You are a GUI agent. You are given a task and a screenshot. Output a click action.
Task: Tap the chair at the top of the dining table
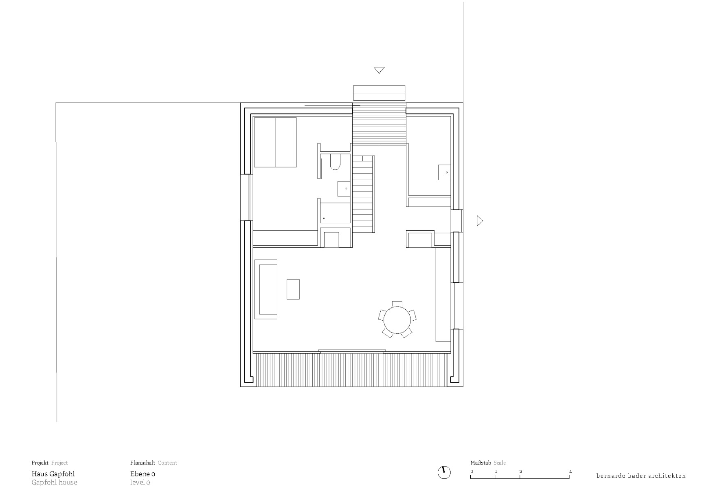pos(397,304)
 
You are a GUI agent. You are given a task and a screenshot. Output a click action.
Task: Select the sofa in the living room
pos(266,289)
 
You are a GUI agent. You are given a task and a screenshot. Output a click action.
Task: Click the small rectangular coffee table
pos(293,289)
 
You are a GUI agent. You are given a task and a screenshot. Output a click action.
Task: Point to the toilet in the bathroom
pos(335,163)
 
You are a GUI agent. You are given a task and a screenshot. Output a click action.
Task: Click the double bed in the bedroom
pos(275,142)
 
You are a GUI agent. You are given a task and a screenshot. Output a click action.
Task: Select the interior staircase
pos(363,194)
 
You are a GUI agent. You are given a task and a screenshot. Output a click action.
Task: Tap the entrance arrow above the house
pos(379,70)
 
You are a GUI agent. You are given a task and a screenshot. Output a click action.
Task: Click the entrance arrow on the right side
pos(480,221)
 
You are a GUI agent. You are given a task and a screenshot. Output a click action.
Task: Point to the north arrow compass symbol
pos(444,472)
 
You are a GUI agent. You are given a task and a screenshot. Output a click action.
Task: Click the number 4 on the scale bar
pos(570,471)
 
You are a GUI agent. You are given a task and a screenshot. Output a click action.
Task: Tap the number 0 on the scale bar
pos(472,471)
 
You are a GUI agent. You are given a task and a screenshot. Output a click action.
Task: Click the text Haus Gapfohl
pos(53,474)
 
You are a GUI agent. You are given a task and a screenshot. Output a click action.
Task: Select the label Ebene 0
pos(143,474)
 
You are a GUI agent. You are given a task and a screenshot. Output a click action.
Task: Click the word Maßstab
pos(480,463)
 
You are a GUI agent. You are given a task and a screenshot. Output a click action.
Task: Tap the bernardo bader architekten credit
pos(641,476)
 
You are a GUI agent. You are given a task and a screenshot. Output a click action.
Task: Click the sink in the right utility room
pos(444,172)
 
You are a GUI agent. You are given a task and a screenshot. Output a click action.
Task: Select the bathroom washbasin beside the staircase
pos(344,189)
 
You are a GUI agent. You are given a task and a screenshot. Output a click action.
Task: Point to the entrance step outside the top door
pos(379,93)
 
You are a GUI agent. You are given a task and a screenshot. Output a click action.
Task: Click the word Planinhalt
pos(143,463)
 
